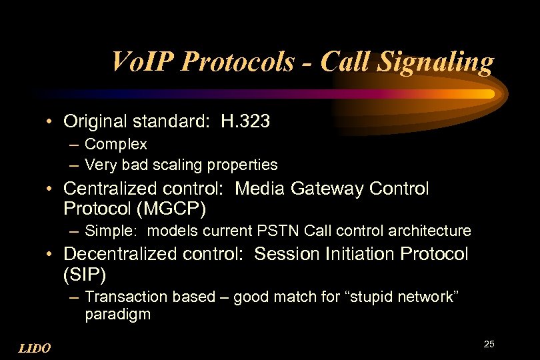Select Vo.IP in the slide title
(143, 63)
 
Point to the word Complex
(116, 144)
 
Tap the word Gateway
(329, 189)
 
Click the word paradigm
(117, 314)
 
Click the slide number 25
(489, 344)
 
